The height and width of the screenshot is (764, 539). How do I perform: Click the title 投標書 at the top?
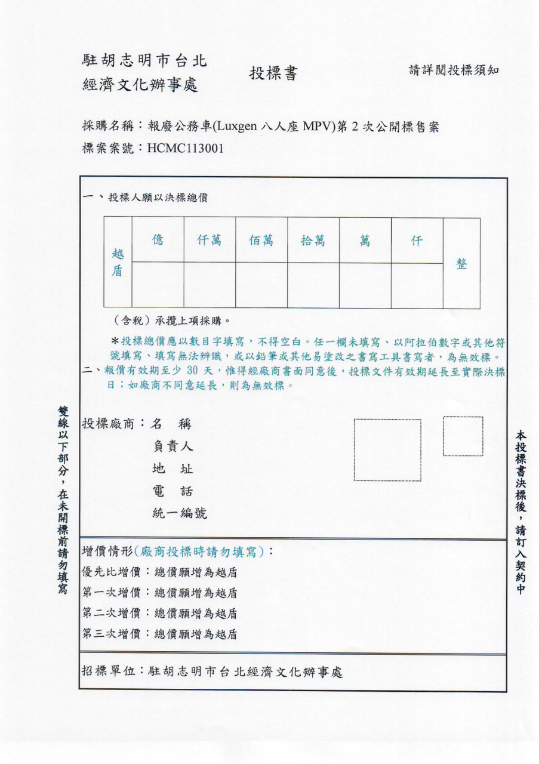(273, 73)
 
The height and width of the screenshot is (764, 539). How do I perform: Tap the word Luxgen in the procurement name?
(237, 127)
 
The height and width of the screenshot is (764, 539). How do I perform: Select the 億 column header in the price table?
(158, 241)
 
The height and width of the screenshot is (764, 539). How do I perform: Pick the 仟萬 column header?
(210, 241)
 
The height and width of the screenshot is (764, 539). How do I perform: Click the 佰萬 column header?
(261, 241)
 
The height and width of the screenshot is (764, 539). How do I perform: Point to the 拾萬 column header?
(313, 241)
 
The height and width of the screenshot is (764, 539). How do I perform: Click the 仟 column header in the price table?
(417, 241)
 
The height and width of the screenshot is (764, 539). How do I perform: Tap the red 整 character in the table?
(461, 264)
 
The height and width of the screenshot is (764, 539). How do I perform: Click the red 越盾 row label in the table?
(118, 263)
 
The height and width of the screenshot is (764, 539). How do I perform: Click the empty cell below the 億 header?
(158, 285)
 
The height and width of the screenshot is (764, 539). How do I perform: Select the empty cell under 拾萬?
(313, 285)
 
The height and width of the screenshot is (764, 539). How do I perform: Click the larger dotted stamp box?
(387, 449)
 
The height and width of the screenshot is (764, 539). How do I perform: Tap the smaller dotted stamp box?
(463, 436)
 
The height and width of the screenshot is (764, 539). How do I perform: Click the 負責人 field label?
(173, 446)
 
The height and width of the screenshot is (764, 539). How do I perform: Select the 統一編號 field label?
(180, 513)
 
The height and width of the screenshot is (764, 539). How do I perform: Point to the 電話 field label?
(173, 491)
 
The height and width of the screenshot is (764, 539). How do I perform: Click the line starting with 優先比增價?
(159, 572)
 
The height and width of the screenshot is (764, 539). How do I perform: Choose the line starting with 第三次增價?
(159, 634)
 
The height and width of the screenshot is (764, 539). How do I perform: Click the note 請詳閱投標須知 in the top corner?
(454, 70)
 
